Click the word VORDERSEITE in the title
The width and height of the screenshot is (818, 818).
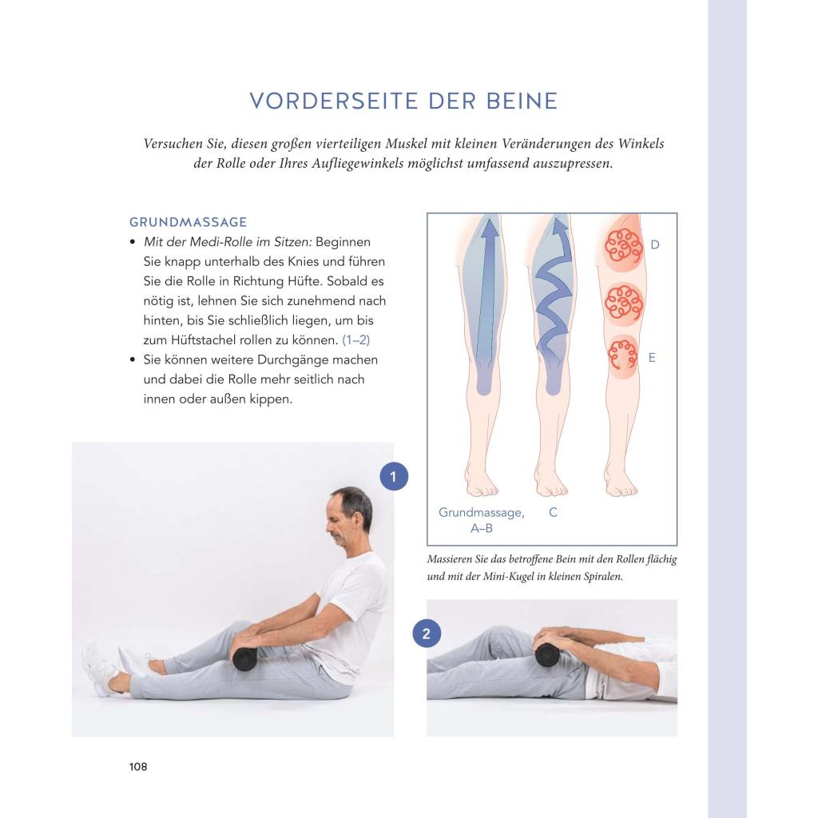334,101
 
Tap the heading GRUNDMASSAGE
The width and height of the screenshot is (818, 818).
189,222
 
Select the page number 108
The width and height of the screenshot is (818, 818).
138,766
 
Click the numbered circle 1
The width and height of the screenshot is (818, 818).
393,476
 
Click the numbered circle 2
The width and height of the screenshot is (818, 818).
427,633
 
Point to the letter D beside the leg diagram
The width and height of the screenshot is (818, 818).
655,244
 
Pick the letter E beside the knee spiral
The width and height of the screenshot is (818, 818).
652,357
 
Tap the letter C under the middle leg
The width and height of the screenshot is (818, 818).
553,512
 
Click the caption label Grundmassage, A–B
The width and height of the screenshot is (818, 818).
482,520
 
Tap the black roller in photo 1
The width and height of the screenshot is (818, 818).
244,659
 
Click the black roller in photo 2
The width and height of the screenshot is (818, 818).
547,655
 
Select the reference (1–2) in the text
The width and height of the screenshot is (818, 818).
355,340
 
